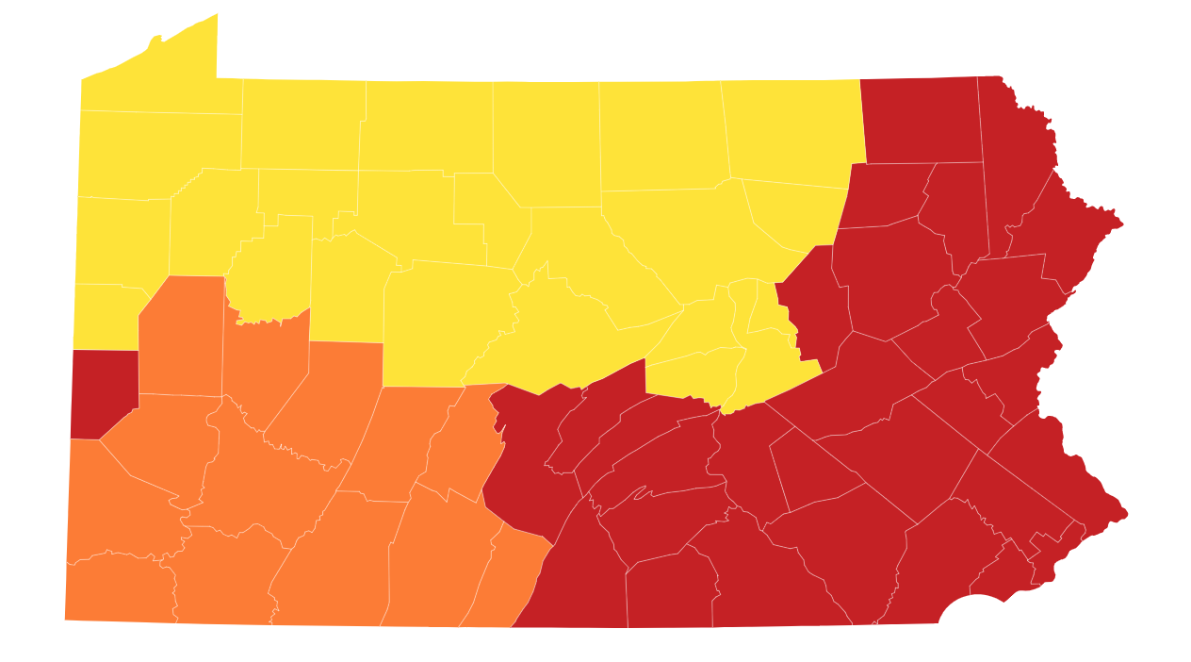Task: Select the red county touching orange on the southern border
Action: pos(575,585)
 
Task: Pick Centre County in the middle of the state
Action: pos(443,321)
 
